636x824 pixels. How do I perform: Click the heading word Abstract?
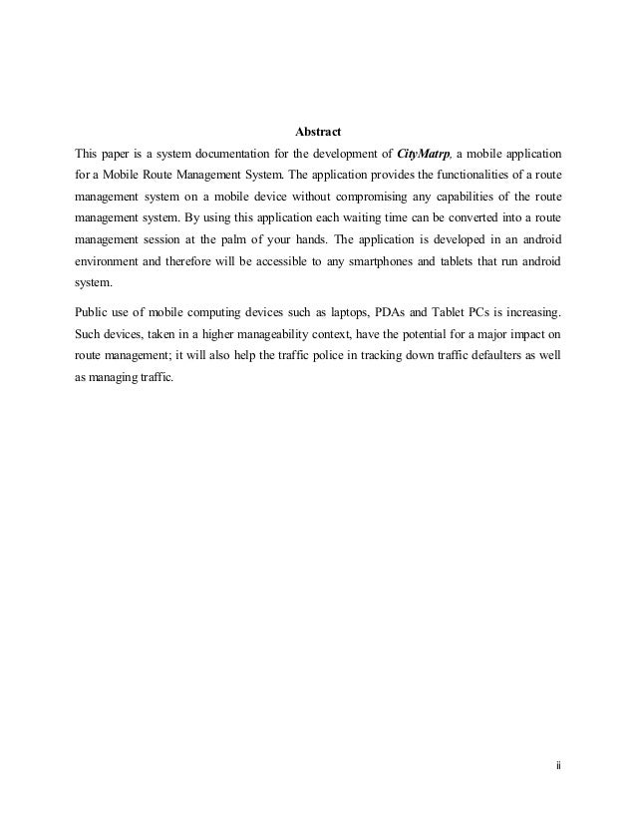319,132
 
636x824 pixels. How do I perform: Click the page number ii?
558,765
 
